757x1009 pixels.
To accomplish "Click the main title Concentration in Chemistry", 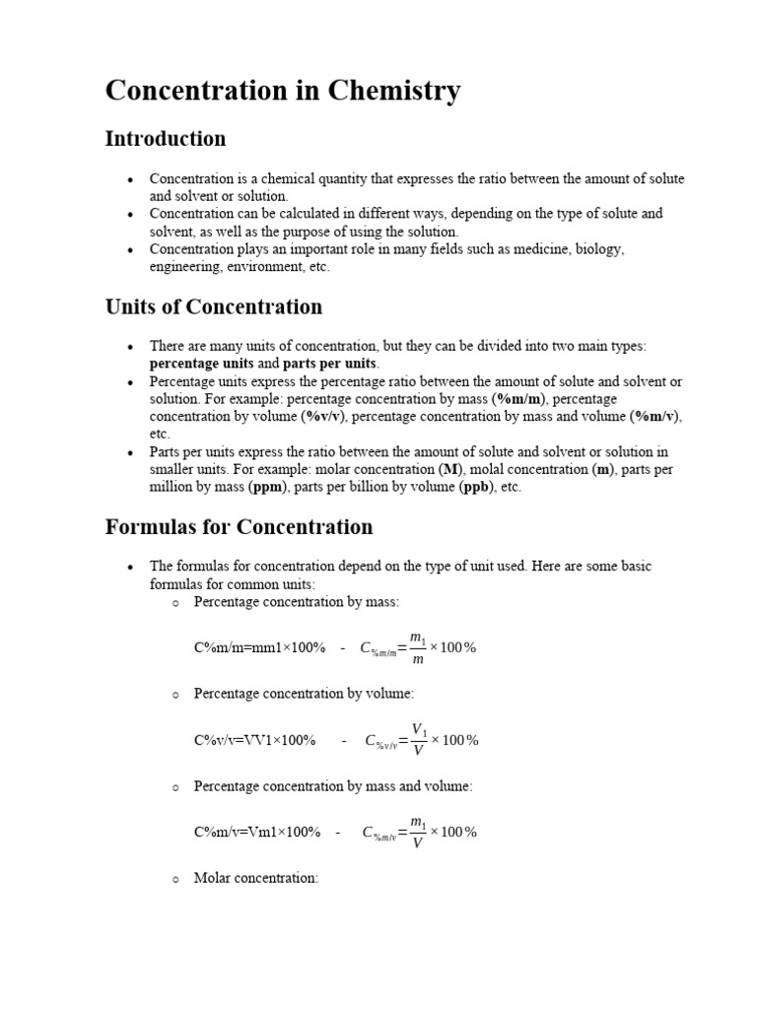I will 282,91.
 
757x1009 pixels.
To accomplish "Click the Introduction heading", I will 165,139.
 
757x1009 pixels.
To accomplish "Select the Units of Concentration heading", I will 213,306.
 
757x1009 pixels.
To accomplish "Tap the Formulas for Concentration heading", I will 239,527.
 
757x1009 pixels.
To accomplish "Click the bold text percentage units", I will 201,363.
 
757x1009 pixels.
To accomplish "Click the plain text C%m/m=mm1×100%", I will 259,647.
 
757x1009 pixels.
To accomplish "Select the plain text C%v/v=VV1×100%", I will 254,740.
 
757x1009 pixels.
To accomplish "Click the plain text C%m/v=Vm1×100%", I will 257,832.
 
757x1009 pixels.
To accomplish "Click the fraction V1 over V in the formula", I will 419,740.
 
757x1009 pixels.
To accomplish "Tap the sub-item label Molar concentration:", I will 256,878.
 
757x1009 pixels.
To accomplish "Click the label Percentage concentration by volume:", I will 304,694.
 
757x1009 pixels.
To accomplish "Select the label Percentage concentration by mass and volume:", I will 333,786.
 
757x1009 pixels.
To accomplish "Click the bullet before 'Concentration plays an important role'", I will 129,250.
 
